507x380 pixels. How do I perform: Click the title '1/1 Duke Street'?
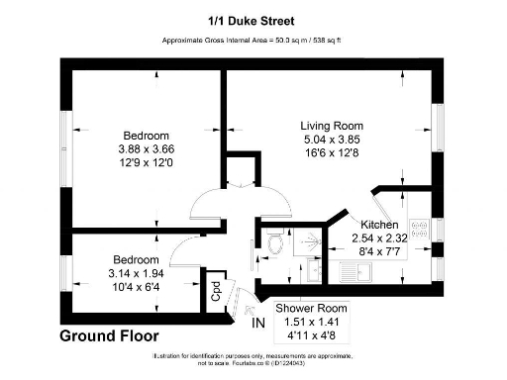[x=254, y=19]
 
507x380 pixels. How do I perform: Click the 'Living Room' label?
[x=332, y=126]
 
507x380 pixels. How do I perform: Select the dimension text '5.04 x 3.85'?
[x=332, y=141]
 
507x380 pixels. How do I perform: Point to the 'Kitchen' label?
[x=379, y=225]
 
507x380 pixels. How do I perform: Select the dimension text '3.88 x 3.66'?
[x=146, y=149]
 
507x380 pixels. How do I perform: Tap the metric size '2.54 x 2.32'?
[x=379, y=238]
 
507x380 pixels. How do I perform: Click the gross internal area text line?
[x=254, y=41]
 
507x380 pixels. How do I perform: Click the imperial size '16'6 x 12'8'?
[x=332, y=155]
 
